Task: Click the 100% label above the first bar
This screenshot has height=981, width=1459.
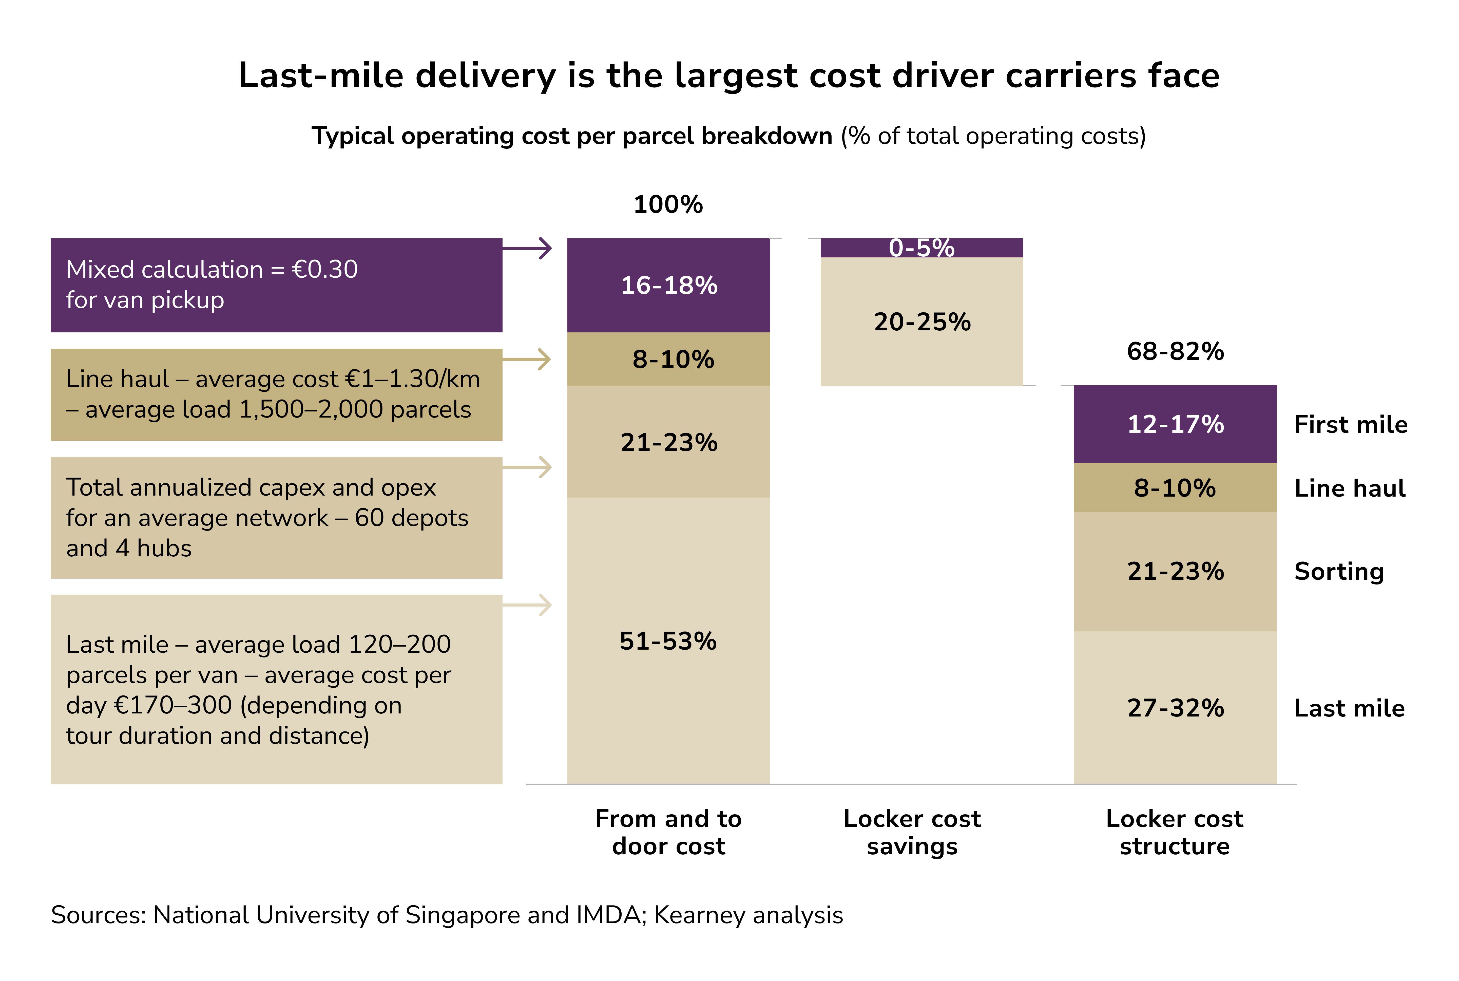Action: point(668,204)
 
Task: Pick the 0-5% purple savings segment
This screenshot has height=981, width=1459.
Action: point(921,248)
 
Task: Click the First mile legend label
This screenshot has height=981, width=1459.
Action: point(1350,424)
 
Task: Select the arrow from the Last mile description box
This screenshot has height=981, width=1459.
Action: point(527,605)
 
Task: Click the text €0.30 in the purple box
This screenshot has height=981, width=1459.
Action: point(324,270)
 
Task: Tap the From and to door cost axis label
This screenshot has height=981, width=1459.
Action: point(668,832)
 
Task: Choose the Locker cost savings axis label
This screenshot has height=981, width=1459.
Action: point(912,832)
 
